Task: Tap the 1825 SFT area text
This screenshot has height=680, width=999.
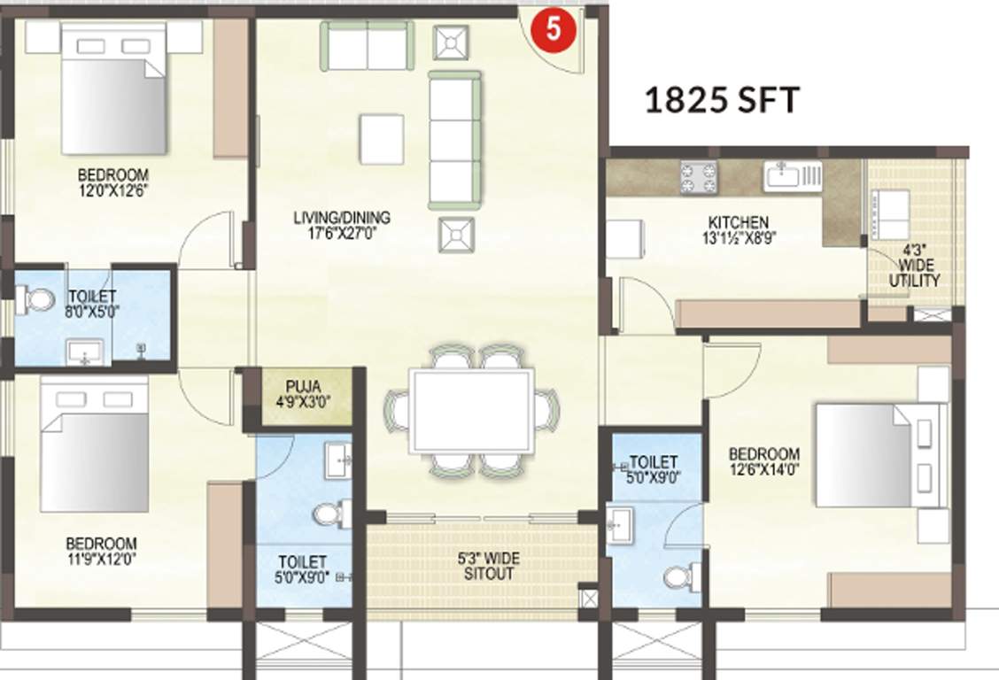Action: [x=721, y=101]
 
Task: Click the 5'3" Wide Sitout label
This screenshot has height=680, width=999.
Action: [x=488, y=567]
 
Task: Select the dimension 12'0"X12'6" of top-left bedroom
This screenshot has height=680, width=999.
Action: [x=112, y=189]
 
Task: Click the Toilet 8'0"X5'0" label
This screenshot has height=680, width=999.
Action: [x=91, y=304]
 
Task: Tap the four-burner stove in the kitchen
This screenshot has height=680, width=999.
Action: [x=699, y=177]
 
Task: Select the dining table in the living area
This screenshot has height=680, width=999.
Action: [x=471, y=411]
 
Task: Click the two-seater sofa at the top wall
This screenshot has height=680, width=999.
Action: [x=367, y=46]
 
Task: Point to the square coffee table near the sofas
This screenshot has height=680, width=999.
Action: [x=382, y=138]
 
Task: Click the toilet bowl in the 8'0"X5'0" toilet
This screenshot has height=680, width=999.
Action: [x=36, y=300]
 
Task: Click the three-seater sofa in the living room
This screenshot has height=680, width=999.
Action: [x=454, y=140]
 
